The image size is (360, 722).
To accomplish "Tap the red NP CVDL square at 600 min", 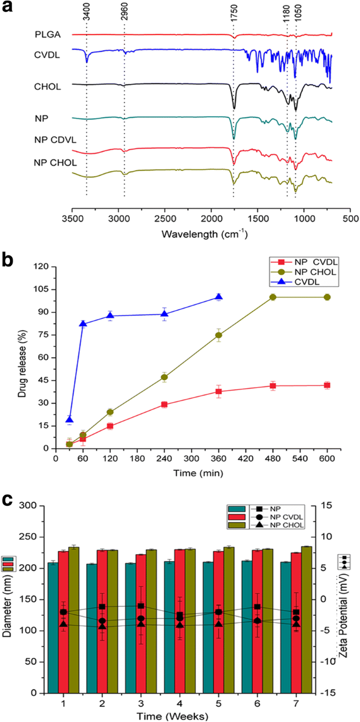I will coord(327,385).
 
